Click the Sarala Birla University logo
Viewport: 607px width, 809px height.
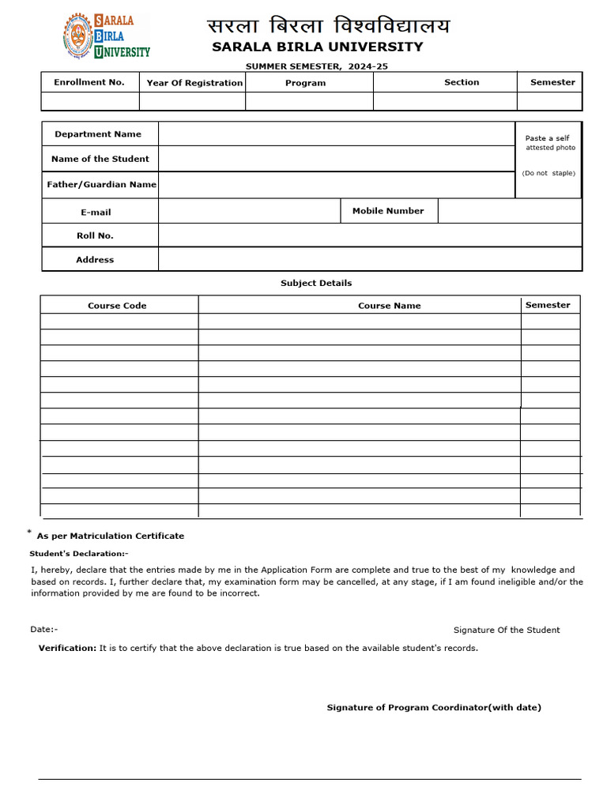click(106, 36)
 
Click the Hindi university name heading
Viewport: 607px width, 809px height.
click(328, 26)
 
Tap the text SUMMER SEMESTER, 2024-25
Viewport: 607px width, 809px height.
click(316, 66)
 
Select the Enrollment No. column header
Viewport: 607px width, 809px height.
click(89, 82)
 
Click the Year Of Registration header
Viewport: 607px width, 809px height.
click(194, 83)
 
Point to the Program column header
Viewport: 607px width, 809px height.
click(305, 83)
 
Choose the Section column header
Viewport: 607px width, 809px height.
click(462, 82)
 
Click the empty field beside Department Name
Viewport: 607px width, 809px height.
click(336, 134)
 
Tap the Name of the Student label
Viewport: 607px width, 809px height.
click(100, 159)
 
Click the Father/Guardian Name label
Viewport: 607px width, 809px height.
click(101, 184)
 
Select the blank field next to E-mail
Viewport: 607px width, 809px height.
click(249, 211)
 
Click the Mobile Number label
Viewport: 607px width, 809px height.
click(388, 211)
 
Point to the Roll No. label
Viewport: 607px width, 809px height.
click(95, 235)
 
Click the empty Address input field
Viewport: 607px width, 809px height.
click(369, 259)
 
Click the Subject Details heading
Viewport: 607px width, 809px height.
click(316, 283)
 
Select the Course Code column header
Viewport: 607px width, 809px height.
click(117, 306)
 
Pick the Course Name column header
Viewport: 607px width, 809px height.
click(389, 306)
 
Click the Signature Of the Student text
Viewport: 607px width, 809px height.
click(506, 630)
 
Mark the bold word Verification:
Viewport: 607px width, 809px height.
click(67, 648)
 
